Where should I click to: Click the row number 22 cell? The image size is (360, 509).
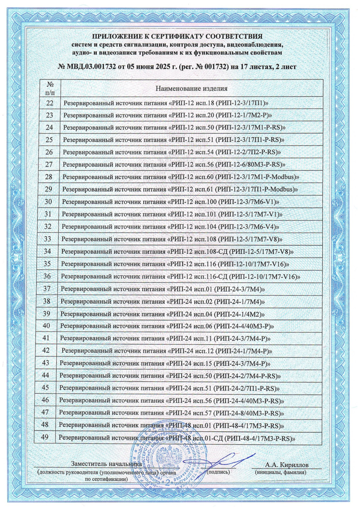pos(50,103)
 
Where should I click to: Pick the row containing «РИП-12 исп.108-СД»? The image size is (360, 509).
pos(177,251)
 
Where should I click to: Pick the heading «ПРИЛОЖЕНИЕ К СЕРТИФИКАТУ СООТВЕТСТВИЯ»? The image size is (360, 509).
pos(179,36)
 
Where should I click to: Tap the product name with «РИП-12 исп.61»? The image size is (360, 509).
pos(180,188)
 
